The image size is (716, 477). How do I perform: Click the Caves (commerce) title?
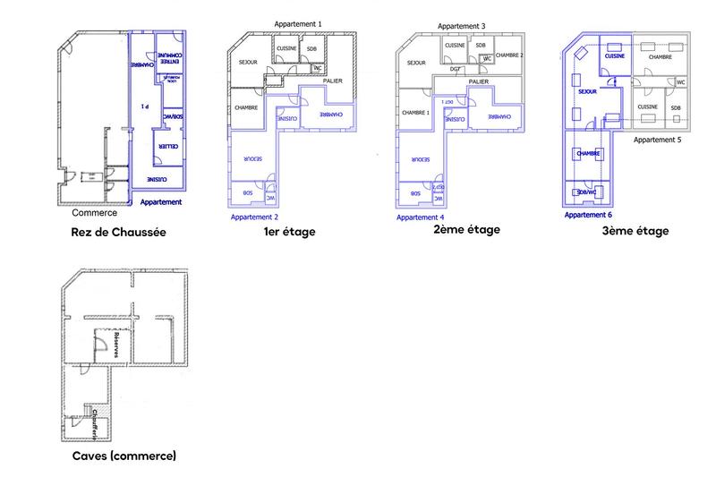[124, 456]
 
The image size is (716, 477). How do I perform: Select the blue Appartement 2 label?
[254, 217]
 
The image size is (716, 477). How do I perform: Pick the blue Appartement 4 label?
[420, 217]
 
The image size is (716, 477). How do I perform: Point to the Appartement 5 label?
[657, 141]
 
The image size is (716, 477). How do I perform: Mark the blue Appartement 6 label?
[588, 215]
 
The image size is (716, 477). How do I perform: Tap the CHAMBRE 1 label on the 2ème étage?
[416, 113]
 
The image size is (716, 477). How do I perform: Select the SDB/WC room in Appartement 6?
[587, 192]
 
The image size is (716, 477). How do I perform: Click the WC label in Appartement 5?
[681, 81]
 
